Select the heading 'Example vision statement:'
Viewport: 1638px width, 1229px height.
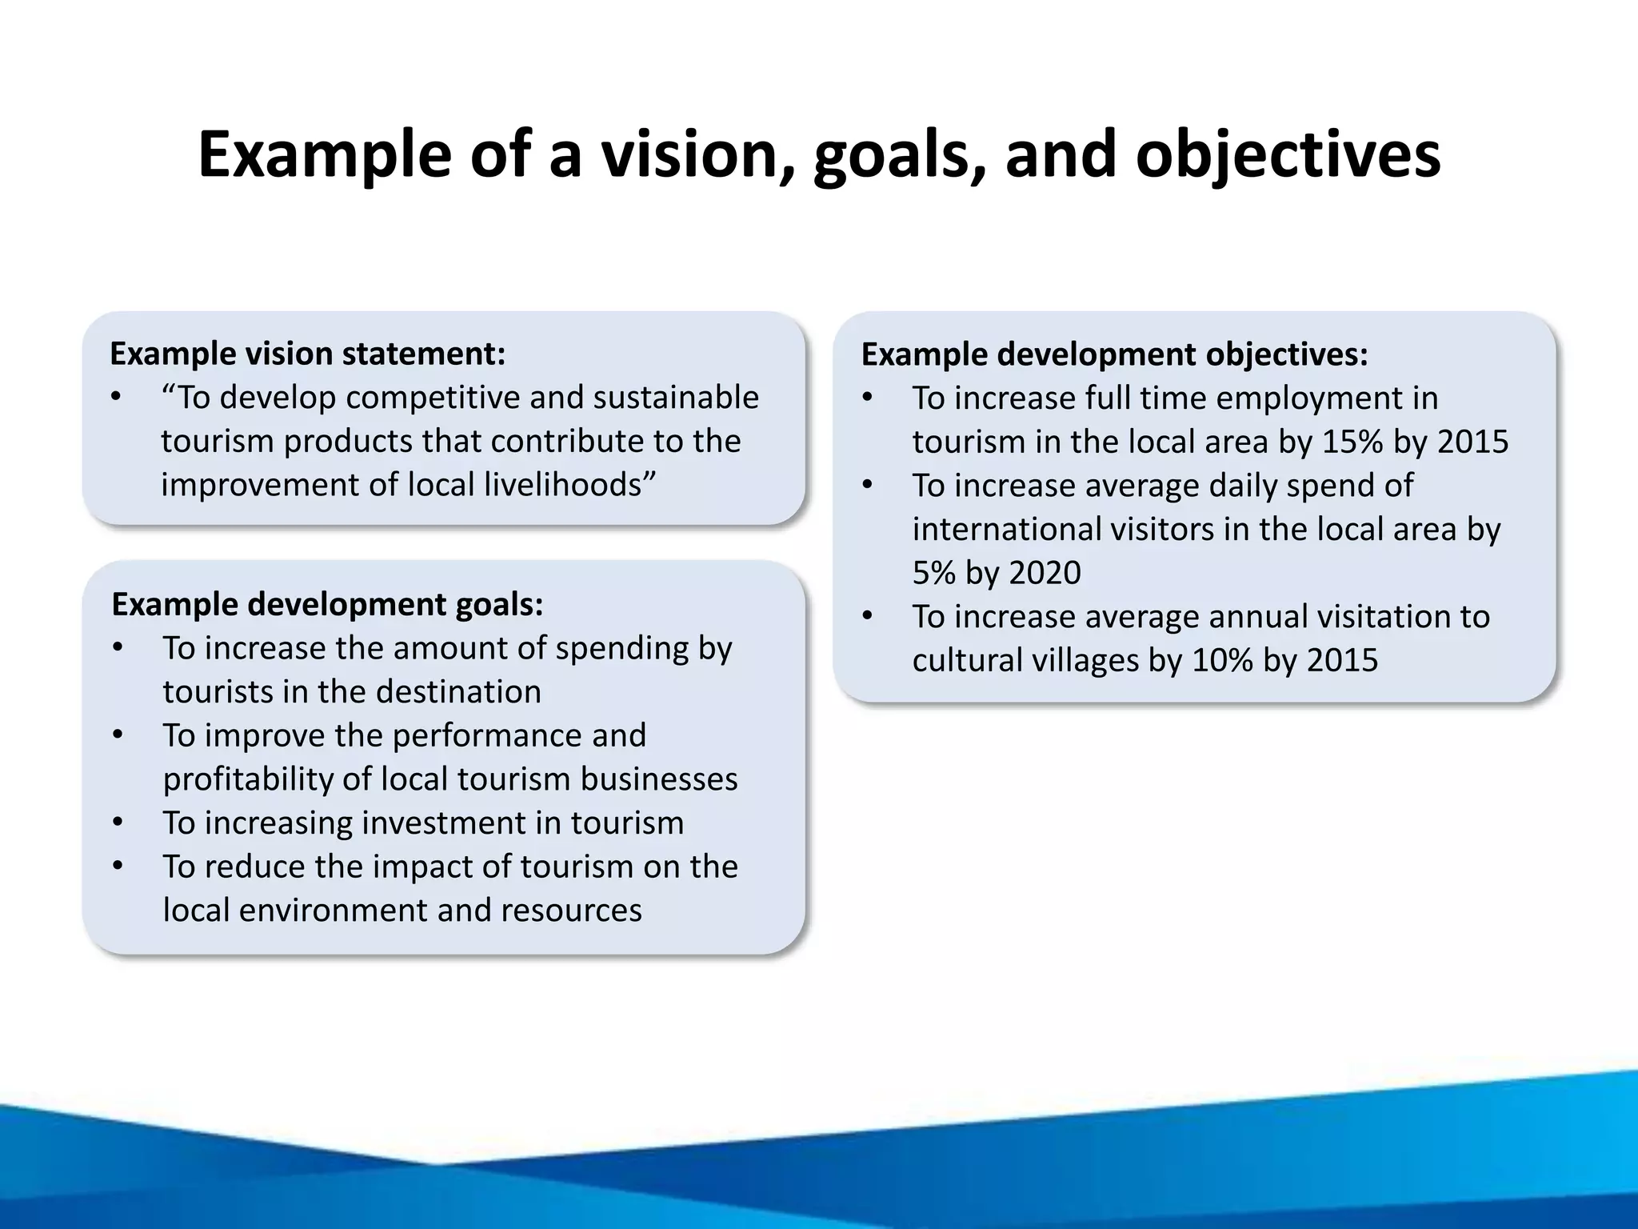[308, 354]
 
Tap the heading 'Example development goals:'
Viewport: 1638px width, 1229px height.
[327, 604]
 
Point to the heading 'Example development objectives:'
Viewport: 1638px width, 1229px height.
[1114, 354]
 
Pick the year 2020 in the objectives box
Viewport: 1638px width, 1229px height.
[1045, 573]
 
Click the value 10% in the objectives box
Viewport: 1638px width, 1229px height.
[1222, 660]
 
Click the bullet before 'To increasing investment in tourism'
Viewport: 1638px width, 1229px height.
[118, 823]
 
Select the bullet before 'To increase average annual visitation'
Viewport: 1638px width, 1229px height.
[868, 617]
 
